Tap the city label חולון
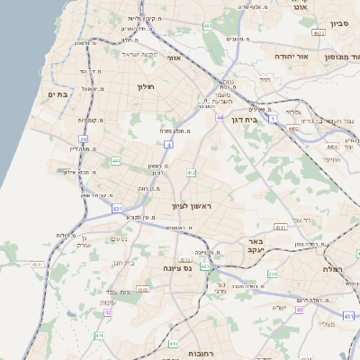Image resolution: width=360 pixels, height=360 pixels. point(146,86)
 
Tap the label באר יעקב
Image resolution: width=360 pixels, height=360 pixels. point(255,247)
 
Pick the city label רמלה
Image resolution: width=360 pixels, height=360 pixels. point(338,268)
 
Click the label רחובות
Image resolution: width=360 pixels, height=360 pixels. point(191,352)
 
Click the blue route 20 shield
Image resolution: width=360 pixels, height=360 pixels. point(84,139)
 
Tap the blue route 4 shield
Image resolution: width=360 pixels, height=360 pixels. point(168,144)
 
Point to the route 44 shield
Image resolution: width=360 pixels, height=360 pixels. point(220,117)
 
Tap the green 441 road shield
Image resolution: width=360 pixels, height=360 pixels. point(116,161)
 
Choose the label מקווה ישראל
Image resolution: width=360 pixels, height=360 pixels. point(139,55)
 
